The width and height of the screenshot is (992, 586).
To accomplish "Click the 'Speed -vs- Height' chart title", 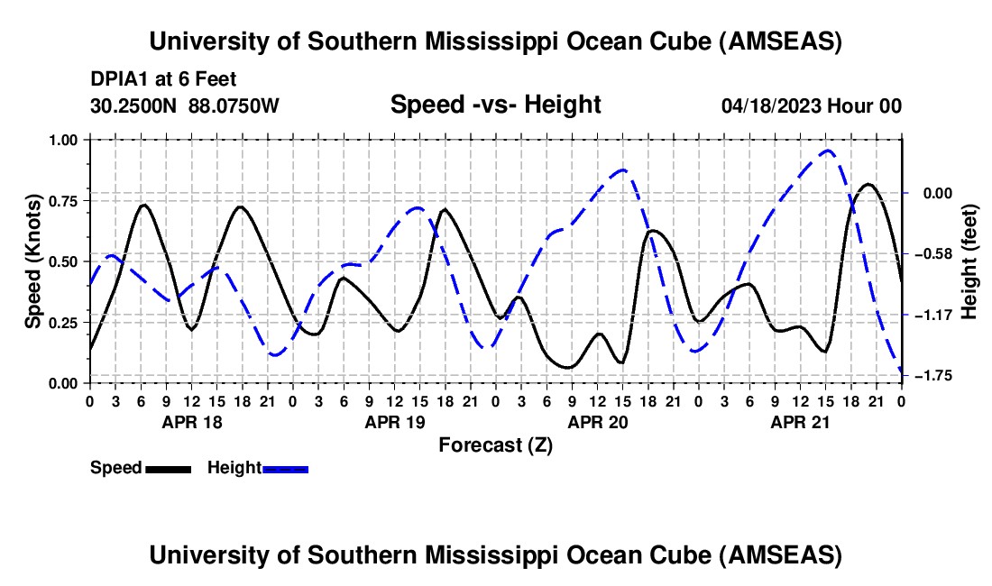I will tap(495, 105).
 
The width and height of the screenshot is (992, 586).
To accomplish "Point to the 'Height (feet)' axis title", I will tap(969, 261).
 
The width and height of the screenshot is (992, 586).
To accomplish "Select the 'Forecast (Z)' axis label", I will tap(495, 444).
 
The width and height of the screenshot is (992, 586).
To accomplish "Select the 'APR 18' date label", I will tap(191, 421).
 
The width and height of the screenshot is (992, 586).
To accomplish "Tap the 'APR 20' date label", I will tap(597, 421).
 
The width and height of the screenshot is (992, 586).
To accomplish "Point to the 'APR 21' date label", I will tap(800, 421).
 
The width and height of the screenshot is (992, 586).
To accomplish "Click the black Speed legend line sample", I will tap(168, 469).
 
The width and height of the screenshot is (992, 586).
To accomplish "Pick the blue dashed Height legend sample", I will tap(285, 469).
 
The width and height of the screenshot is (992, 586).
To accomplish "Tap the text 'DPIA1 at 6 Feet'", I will tap(163, 79).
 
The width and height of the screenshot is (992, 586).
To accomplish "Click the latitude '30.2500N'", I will tap(134, 105).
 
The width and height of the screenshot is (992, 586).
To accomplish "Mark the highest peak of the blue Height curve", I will tap(827, 151).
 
